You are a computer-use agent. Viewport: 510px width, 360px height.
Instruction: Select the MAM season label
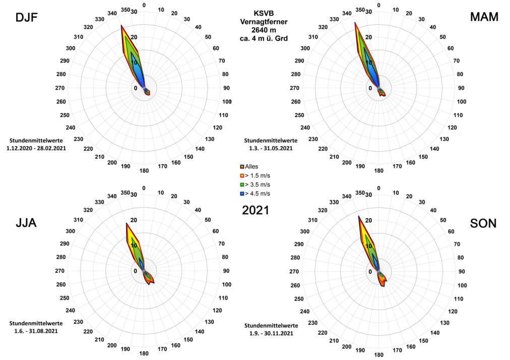point(483,17)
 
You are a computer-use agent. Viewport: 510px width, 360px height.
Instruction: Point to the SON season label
point(483,223)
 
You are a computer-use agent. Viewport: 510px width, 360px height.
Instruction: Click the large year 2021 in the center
point(256,210)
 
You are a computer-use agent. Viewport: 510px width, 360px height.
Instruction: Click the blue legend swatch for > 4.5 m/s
point(242,194)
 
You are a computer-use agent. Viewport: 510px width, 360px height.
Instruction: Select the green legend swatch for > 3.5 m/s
point(242,185)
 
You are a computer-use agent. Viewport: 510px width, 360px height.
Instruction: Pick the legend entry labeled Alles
point(251,166)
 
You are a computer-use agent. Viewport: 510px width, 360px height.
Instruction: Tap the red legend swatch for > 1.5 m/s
point(242,175)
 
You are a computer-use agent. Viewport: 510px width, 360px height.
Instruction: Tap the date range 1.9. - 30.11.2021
point(271,333)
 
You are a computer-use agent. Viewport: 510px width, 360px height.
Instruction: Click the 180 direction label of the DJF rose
point(144,171)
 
